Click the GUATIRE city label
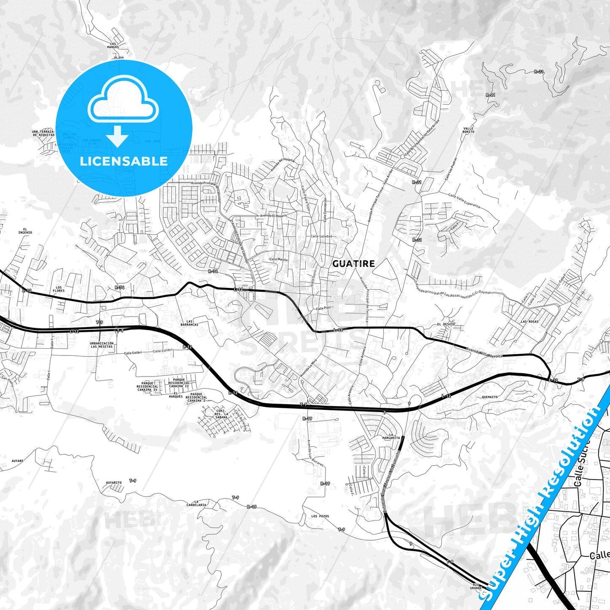click(353, 264)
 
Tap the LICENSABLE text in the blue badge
click(124, 161)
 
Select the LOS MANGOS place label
click(113, 46)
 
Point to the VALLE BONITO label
click(469, 130)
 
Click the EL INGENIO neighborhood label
click(25, 231)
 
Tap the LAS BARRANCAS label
click(189, 323)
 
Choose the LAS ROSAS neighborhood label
click(529, 321)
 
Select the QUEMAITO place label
click(490, 397)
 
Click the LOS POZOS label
click(320, 516)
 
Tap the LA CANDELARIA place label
click(196, 503)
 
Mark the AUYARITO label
click(114, 483)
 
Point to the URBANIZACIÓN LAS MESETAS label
click(102, 345)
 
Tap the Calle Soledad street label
click(321, 236)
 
